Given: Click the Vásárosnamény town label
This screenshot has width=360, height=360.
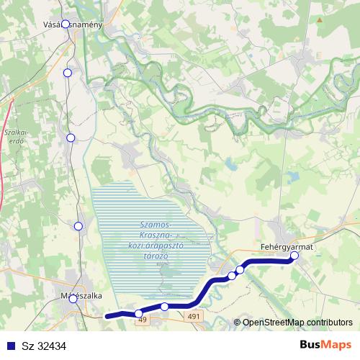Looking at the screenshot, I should (73, 24).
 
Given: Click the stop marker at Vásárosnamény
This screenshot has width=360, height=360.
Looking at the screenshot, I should (66, 24).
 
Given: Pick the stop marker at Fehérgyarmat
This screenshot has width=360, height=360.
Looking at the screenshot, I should (294, 256).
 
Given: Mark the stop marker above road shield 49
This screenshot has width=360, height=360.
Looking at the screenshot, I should (139, 313).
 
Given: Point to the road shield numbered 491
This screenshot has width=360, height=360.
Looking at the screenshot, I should (194, 315).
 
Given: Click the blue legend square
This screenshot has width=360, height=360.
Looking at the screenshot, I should (8, 346).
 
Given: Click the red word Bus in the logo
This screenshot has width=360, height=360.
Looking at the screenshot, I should (312, 345).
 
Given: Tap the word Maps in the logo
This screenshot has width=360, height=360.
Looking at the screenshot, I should (338, 345).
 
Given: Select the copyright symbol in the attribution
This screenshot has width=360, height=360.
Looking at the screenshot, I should (237, 323).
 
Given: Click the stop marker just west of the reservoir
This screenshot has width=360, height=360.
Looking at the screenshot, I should (78, 226).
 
